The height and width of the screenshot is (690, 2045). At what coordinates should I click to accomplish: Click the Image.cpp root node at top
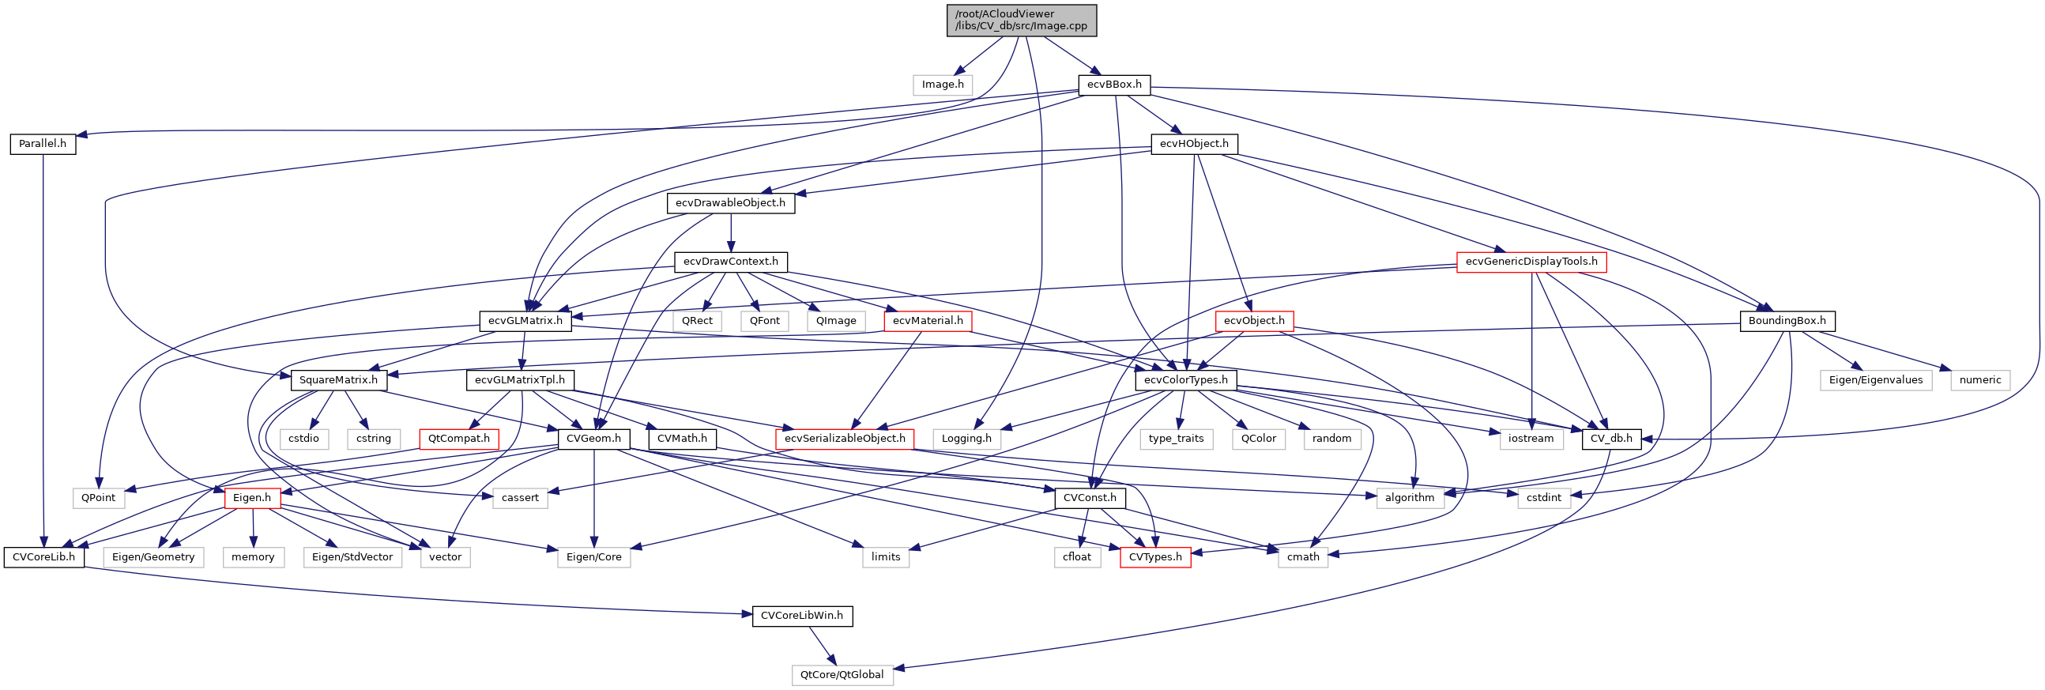click(1021, 20)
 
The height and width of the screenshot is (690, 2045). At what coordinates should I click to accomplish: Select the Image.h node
click(943, 84)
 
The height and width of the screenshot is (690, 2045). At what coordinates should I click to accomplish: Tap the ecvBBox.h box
click(1114, 84)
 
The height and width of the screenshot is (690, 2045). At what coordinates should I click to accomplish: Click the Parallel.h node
click(43, 144)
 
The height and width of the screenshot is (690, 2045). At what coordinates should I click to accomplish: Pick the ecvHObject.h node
click(1193, 144)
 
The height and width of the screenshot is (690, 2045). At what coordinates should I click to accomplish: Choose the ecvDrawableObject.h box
click(729, 202)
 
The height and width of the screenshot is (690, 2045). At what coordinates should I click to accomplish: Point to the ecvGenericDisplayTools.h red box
click(1531, 262)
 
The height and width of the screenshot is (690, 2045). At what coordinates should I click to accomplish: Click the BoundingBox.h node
click(1786, 321)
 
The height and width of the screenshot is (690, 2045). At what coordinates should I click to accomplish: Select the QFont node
click(764, 321)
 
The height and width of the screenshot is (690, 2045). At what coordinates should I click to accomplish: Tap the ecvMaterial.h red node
click(927, 321)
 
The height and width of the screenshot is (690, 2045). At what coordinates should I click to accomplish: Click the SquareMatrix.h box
click(338, 379)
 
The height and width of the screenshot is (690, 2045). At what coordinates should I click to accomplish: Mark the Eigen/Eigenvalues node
click(1875, 379)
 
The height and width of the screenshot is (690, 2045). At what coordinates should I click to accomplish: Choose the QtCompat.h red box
click(458, 439)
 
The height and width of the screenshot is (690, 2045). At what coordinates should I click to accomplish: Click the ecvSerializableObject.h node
click(844, 439)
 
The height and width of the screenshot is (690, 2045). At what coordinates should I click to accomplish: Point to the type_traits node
click(1175, 439)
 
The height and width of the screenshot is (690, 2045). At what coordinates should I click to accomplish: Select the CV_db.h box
click(1610, 439)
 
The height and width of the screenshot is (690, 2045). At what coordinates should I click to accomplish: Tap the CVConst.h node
click(1089, 498)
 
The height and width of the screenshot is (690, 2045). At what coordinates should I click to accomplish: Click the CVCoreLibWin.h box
click(802, 616)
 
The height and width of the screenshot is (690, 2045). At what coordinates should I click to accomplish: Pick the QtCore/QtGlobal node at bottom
click(842, 675)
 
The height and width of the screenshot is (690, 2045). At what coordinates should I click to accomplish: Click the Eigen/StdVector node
click(352, 556)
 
